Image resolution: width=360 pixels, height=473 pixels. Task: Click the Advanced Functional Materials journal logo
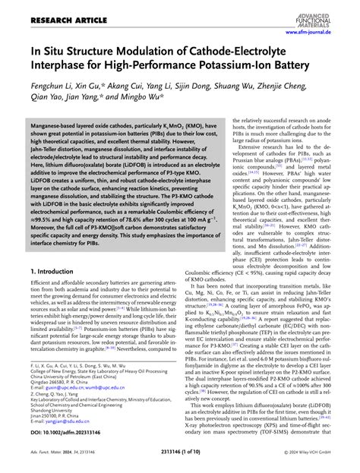[x=328, y=10]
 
